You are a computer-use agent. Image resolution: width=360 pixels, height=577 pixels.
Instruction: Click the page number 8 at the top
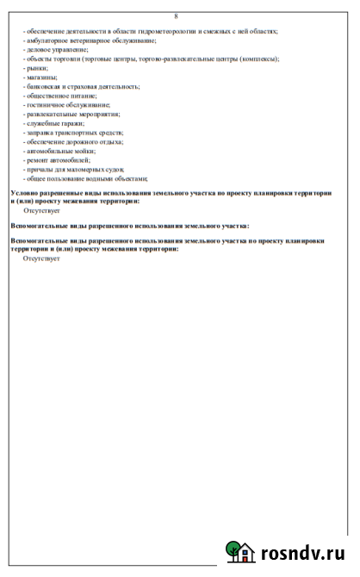click(177, 16)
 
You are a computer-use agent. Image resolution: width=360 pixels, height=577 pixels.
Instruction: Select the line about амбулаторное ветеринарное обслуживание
click(90, 40)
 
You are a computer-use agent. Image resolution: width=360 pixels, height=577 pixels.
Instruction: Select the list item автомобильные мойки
click(64, 151)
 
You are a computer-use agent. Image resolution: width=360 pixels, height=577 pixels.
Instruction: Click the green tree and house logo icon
click(241, 552)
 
